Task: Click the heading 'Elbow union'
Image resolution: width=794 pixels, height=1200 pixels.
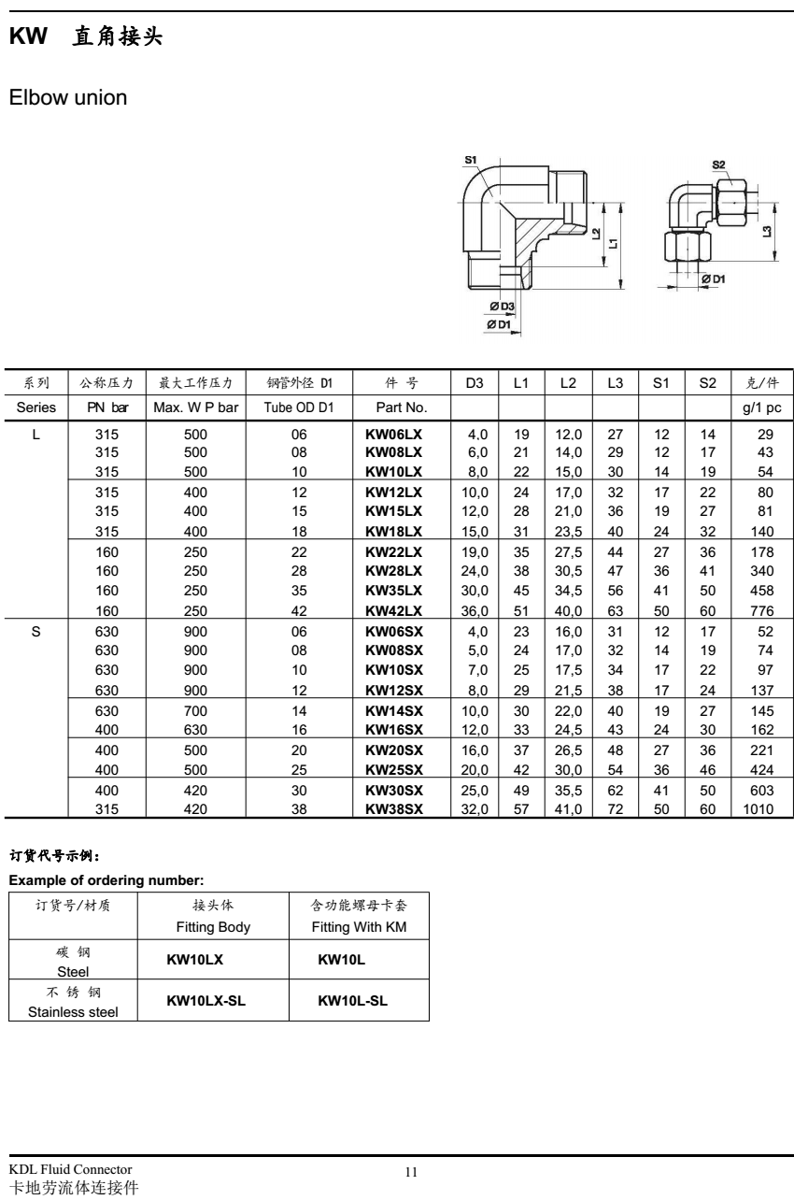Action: coord(67,96)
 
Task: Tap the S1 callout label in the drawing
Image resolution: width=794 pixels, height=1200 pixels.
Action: coord(471,160)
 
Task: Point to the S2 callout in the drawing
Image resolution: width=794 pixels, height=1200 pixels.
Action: coord(718,164)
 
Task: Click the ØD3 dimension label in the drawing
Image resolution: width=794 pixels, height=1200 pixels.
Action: coord(503,307)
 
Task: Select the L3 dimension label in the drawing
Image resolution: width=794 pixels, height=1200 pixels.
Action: coord(767,227)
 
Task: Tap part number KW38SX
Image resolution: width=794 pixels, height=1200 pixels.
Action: coord(393,809)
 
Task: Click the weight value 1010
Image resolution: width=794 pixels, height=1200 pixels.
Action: coord(758,809)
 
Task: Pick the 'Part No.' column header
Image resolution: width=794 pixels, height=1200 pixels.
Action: coord(401,408)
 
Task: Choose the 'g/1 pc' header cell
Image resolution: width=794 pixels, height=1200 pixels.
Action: coord(760,408)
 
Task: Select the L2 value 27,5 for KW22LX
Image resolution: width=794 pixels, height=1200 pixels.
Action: coord(568,551)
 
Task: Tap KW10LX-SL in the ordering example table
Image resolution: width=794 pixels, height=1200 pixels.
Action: coord(207,1001)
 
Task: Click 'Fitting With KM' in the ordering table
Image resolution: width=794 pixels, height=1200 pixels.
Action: coord(359,928)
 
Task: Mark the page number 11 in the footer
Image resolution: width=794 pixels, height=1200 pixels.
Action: coord(410,1171)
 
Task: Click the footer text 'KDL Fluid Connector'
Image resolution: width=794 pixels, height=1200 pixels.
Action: coord(70,1170)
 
